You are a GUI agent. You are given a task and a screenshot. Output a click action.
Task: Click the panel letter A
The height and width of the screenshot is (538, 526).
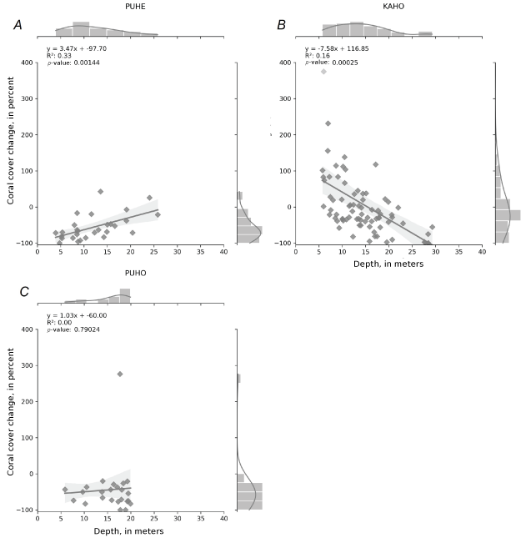coord(18,26)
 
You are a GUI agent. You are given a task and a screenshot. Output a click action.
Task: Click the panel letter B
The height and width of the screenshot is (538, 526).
coord(281,26)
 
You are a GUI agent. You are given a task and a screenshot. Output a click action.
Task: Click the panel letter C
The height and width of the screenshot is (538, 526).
coord(24,291)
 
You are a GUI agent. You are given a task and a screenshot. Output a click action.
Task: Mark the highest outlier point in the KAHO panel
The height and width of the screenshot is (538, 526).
coord(323,72)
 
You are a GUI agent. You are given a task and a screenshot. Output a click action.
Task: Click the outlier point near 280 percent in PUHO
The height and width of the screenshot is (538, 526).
coord(120,374)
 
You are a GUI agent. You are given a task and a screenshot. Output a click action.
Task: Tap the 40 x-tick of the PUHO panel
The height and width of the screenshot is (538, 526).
coord(223,519)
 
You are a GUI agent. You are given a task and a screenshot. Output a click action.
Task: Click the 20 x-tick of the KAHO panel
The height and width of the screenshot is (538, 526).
coord(388,251)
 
